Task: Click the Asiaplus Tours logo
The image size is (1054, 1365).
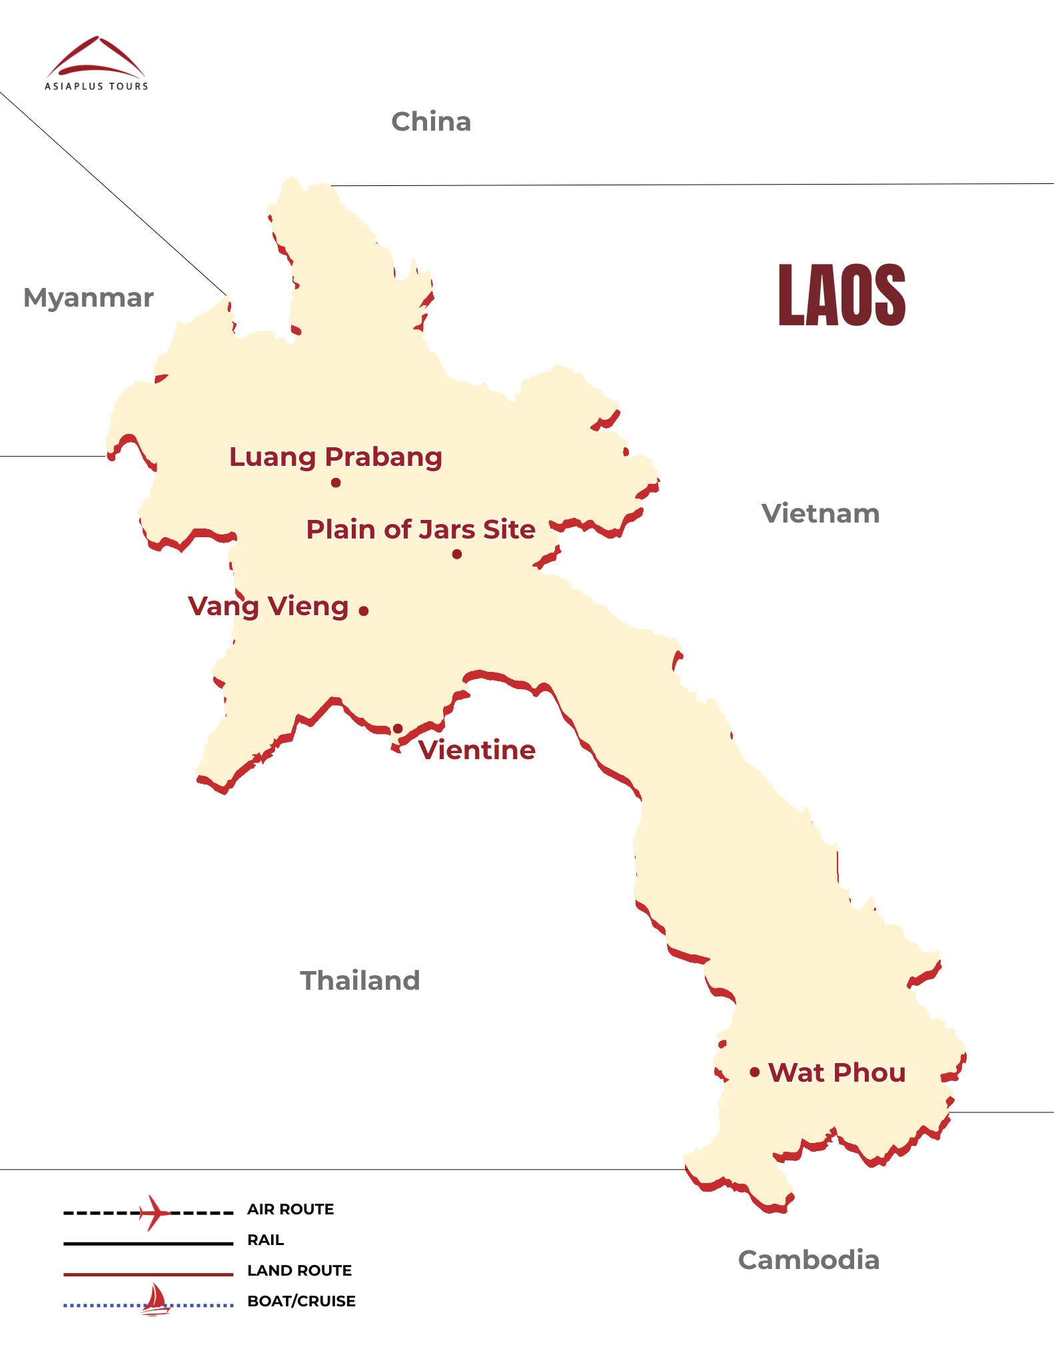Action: pos(97,63)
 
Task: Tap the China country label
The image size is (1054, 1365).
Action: pos(431,122)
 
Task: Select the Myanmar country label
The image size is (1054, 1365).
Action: pos(88,297)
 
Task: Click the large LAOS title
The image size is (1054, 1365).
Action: pos(841,295)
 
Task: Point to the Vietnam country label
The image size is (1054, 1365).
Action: pos(820,514)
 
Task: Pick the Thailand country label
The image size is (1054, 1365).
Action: pos(360,980)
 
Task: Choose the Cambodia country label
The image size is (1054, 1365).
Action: pos(808,1260)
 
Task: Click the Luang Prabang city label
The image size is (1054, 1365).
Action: pos(335,457)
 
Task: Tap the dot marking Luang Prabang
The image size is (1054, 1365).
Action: pos(336,483)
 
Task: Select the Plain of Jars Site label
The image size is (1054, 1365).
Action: pos(420,529)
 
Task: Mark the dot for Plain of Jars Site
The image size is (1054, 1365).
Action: pos(457,554)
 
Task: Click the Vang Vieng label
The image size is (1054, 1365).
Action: pos(268,607)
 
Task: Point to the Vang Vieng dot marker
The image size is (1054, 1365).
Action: pos(364,611)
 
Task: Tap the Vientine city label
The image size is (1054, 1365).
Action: pos(476,750)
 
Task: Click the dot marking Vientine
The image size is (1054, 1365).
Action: pos(398,728)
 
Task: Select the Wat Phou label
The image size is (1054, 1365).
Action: pos(837,1072)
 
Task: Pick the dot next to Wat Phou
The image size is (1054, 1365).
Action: pos(755,1072)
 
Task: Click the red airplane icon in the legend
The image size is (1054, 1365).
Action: pos(155,1212)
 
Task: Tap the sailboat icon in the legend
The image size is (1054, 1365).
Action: pos(155,1300)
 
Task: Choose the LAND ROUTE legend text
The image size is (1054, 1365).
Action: pos(299,1270)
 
